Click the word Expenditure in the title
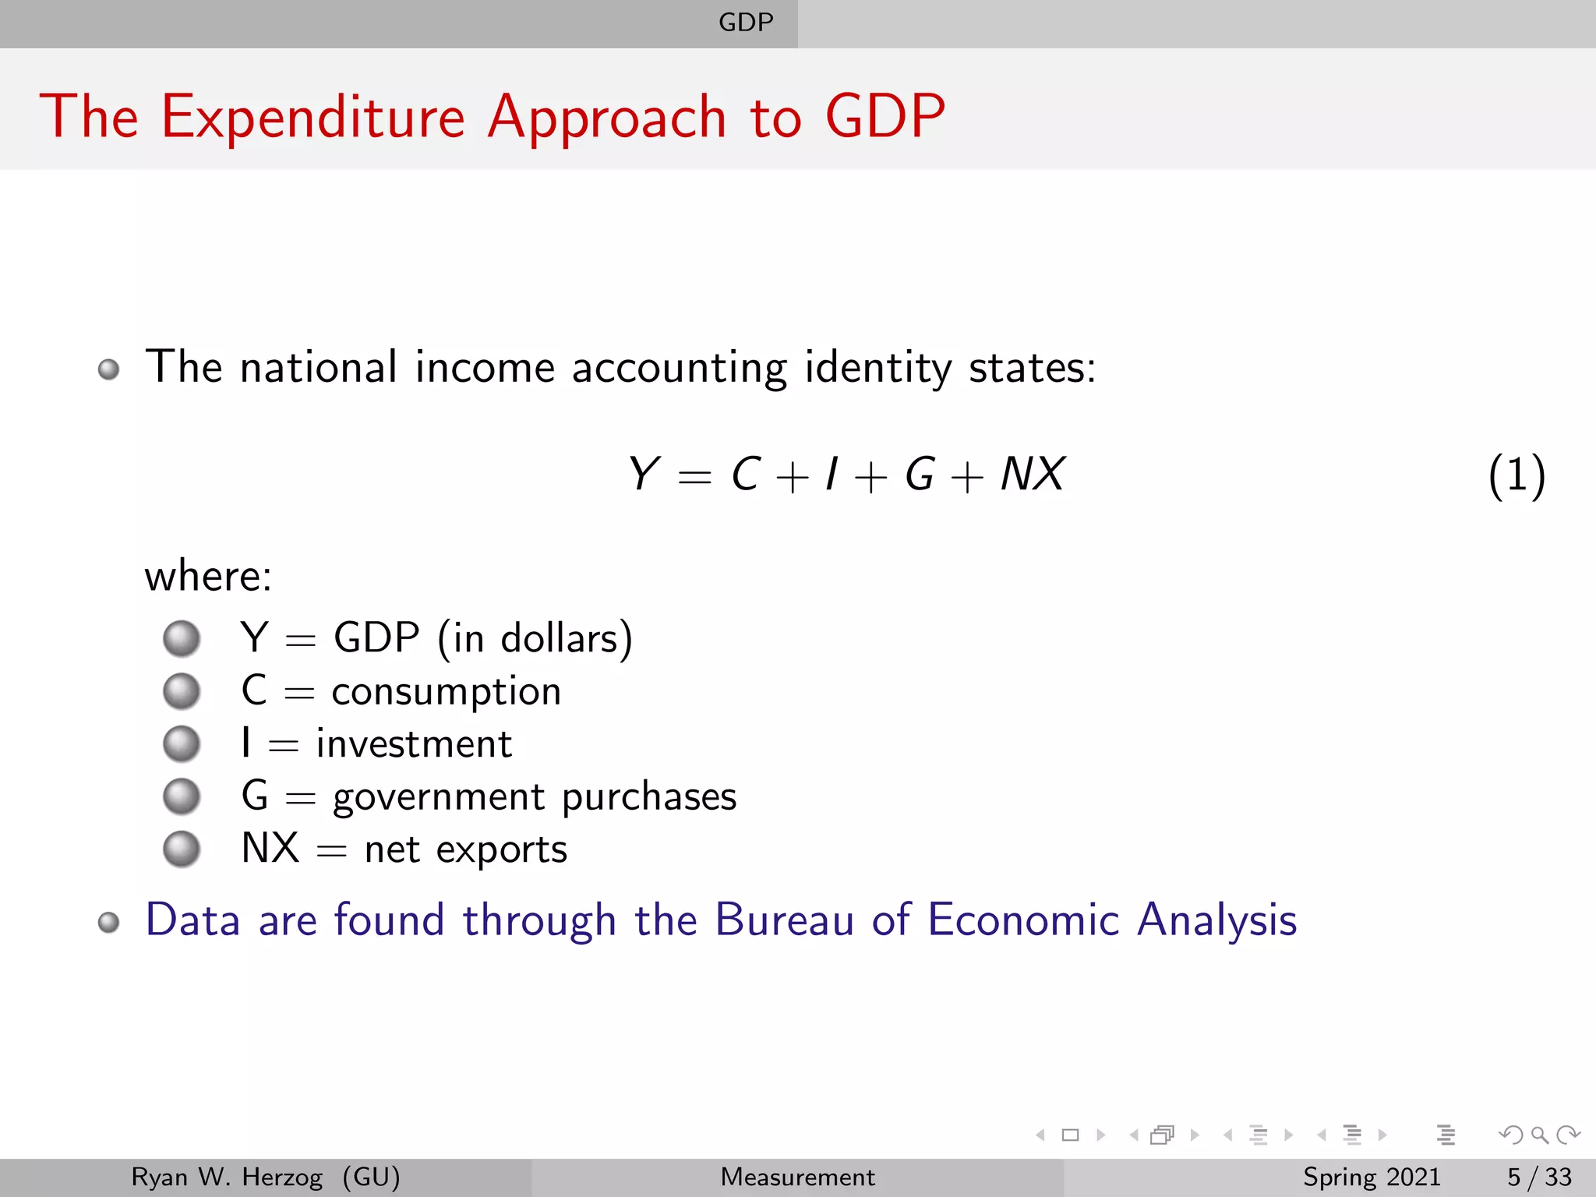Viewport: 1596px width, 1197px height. click(312, 118)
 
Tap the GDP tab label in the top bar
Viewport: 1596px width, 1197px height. click(746, 23)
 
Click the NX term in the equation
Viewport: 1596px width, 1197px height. click(1033, 474)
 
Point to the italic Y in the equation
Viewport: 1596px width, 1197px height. click(644, 474)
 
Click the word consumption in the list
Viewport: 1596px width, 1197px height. click(446, 692)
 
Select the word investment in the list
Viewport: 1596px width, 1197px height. click(414, 744)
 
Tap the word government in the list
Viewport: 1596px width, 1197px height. click(439, 797)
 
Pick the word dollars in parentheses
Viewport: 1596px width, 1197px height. click(560, 639)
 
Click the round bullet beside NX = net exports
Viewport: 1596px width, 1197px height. click(182, 849)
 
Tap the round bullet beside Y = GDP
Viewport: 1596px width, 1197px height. click(182, 639)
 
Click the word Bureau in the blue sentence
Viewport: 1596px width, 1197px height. click(784, 920)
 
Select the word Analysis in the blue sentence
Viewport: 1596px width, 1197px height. click(1216, 920)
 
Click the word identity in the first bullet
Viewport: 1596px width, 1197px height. click(877, 368)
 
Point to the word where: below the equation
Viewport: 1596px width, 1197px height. click(208, 577)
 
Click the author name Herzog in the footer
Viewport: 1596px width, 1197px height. click(282, 1177)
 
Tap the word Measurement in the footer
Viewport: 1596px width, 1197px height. click(797, 1177)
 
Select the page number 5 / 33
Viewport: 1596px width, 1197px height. click(1539, 1177)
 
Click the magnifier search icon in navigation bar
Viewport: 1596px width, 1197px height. click(1539, 1135)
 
